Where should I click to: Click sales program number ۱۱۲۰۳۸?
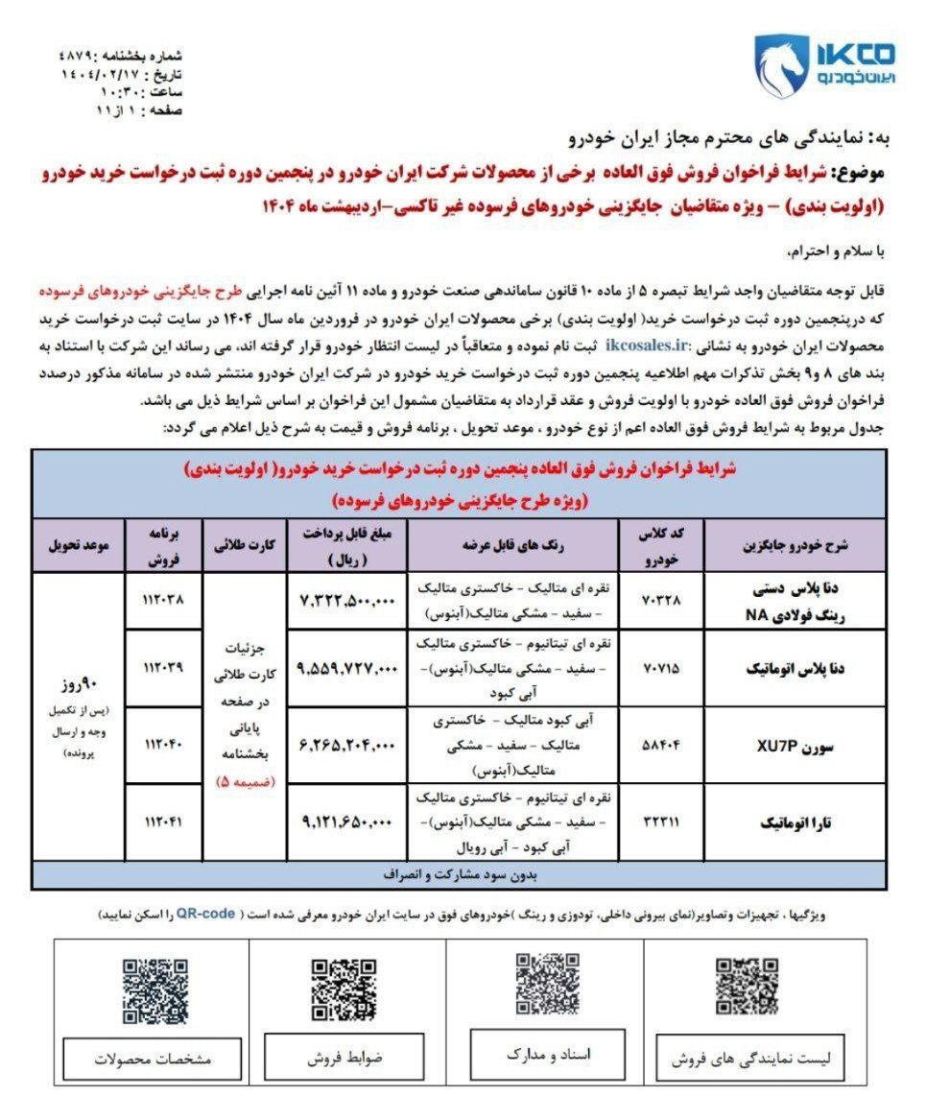tap(162, 601)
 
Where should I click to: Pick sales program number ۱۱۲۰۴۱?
tap(162, 822)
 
